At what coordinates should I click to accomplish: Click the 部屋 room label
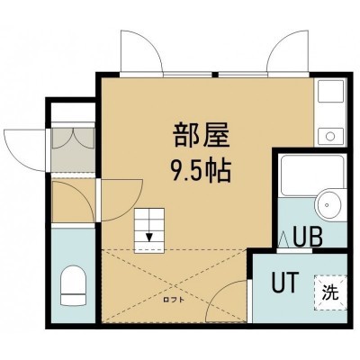tap(202, 136)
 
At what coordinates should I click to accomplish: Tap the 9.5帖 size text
tap(201, 172)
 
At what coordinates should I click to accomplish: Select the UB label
tap(308, 237)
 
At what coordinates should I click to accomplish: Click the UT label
tap(285, 282)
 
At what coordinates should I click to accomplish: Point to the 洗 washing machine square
tap(330, 292)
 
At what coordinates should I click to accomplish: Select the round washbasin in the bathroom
tap(330, 205)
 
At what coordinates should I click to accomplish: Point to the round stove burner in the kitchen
tap(330, 137)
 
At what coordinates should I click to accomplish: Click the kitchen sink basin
tap(330, 92)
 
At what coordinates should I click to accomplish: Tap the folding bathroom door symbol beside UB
tap(283, 240)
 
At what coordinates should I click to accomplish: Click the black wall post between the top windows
tap(214, 75)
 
